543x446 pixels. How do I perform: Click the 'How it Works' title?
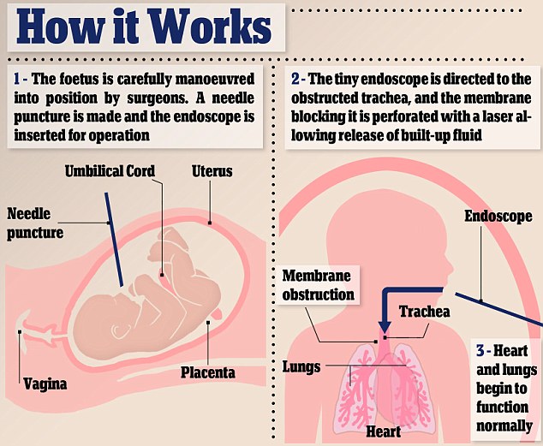[141, 29]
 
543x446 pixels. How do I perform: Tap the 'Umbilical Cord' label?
[110, 171]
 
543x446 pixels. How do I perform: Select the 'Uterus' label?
[212, 172]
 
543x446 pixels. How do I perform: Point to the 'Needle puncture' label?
[36, 222]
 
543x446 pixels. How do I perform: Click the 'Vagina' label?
[45, 384]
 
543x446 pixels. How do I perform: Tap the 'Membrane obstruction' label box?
[319, 287]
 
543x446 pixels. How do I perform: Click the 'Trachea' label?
[424, 312]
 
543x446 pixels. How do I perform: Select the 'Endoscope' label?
[498, 217]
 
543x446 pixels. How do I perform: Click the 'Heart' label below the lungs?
[384, 431]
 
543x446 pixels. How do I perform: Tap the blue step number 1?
[17, 78]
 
